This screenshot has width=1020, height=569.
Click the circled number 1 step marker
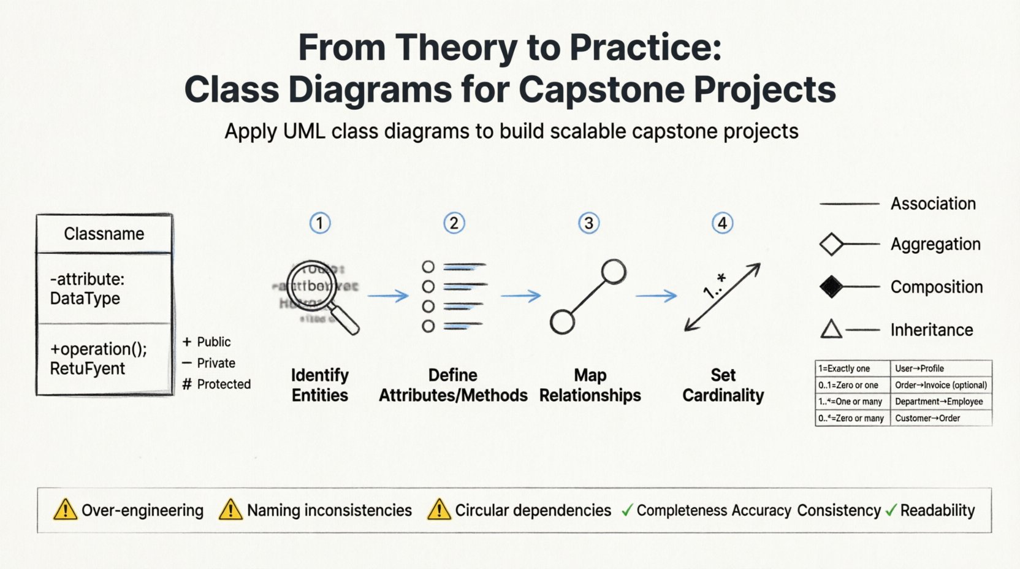(319, 223)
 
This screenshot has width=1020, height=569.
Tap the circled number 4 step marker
(722, 223)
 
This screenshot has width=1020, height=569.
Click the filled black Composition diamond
(831, 286)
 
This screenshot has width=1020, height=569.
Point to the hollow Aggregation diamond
(831, 244)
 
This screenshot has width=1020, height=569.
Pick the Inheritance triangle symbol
(831, 329)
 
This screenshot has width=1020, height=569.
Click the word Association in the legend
(932, 204)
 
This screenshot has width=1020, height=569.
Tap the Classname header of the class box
(104, 234)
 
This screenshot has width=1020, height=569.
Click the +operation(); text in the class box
(98, 349)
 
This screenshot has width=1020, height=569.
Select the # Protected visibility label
(217, 384)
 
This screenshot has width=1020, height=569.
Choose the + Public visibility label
(207, 342)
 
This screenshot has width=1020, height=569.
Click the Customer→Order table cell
(927, 418)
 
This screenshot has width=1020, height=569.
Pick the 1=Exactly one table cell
(844, 369)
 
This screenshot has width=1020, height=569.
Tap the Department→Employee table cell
(938, 402)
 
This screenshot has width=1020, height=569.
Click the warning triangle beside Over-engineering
(65, 510)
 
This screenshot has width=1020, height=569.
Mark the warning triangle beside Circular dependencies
(439, 510)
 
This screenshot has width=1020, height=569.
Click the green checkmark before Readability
(891, 510)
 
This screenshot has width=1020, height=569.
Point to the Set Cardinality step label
(723, 385)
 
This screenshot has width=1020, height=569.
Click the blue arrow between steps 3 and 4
(656, 296)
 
